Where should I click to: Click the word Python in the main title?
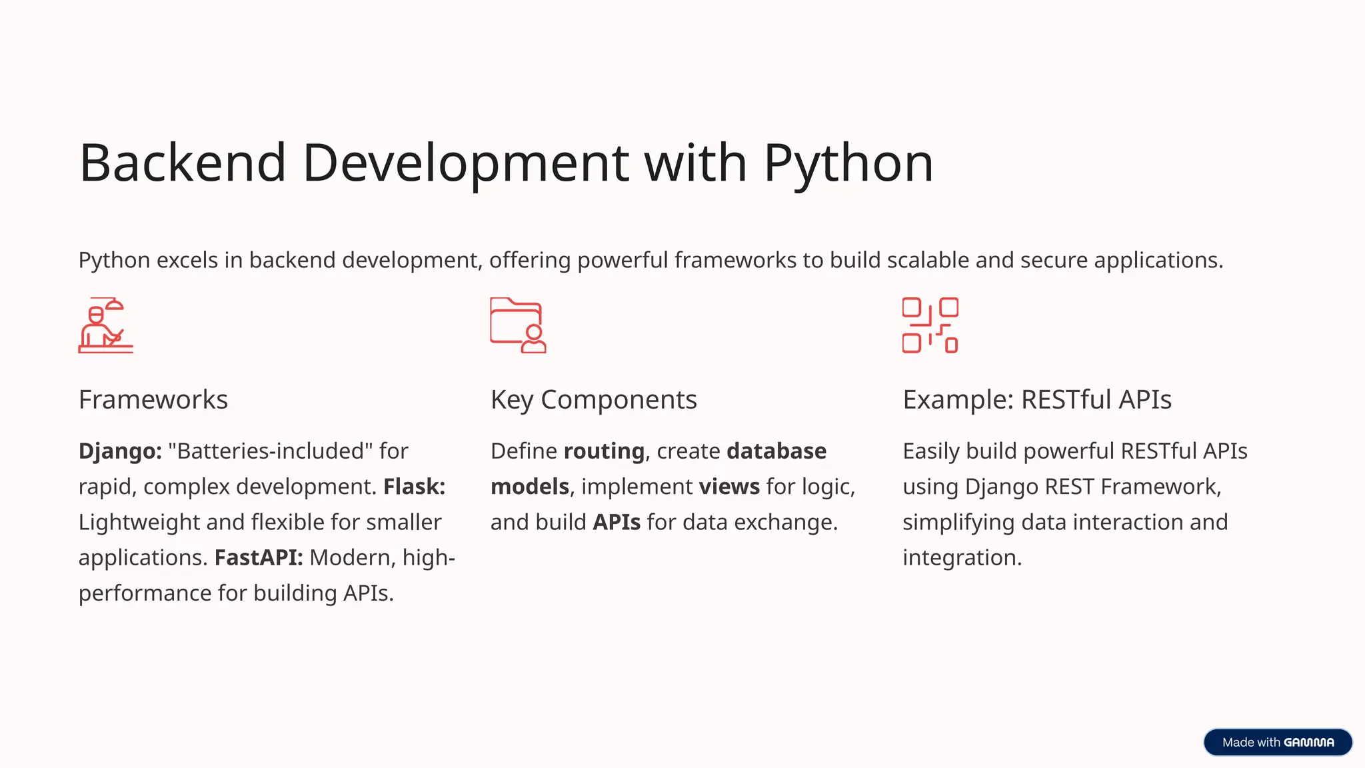[848, 163]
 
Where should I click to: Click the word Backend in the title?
[183, 163]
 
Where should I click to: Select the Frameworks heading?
[153, 400]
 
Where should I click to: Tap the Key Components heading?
[593, 400]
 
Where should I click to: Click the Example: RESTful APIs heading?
[1037, 400]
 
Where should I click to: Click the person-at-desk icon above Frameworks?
[105, 325]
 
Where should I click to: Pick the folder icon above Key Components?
[518, 325]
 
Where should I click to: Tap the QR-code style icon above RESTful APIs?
[930, 325]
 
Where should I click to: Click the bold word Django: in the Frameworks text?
[120, 451]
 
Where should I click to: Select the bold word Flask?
[414, 487]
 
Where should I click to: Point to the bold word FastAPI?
[259, 557]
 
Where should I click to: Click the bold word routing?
[604, 451]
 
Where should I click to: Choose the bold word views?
[729, 487]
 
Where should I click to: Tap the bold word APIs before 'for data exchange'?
[617, 522]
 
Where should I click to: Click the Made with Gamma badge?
[1278, 742]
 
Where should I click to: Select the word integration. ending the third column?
[962, 557]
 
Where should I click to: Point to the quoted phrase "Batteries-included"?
[271, 451]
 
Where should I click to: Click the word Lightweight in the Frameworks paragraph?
[139, 522]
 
